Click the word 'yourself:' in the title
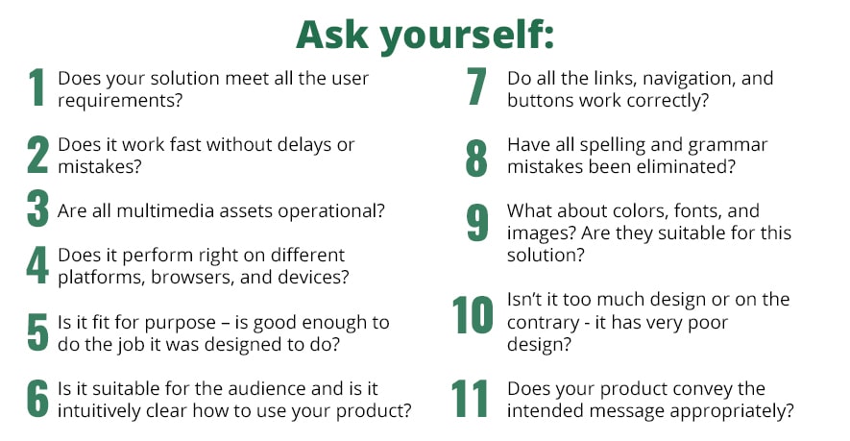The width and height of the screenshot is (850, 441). coord(467,36)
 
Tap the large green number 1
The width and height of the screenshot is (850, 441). coord(36,86)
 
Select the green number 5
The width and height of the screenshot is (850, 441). coord(38,331)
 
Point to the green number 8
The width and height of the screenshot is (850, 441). coord(476,158)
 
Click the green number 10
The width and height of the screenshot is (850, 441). coord(473,314)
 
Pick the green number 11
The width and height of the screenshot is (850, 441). coord(470,398)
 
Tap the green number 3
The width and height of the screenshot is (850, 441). coord(38,208)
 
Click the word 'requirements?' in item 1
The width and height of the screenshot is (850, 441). coord(120,101)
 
